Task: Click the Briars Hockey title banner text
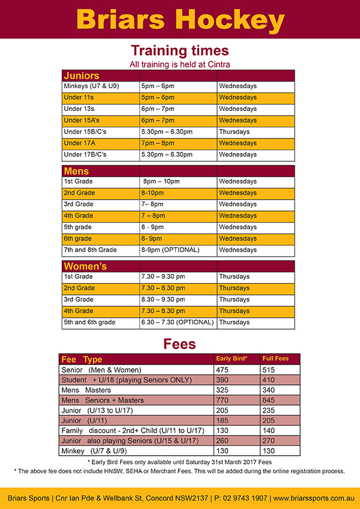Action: point(180,19)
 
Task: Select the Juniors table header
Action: point(82,76)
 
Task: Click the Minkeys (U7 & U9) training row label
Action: point(91,86)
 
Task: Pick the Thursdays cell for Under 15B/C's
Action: point(234,132)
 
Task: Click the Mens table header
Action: point(76,171)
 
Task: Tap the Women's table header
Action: point(85,266)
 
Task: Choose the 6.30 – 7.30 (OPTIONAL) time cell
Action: point(177,323)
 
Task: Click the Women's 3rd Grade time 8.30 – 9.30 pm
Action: point(163,300)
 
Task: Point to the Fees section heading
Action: point(180,344)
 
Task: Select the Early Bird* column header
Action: point(231,359)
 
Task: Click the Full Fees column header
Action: point(275,359)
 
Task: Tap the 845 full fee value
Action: point(270,400)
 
